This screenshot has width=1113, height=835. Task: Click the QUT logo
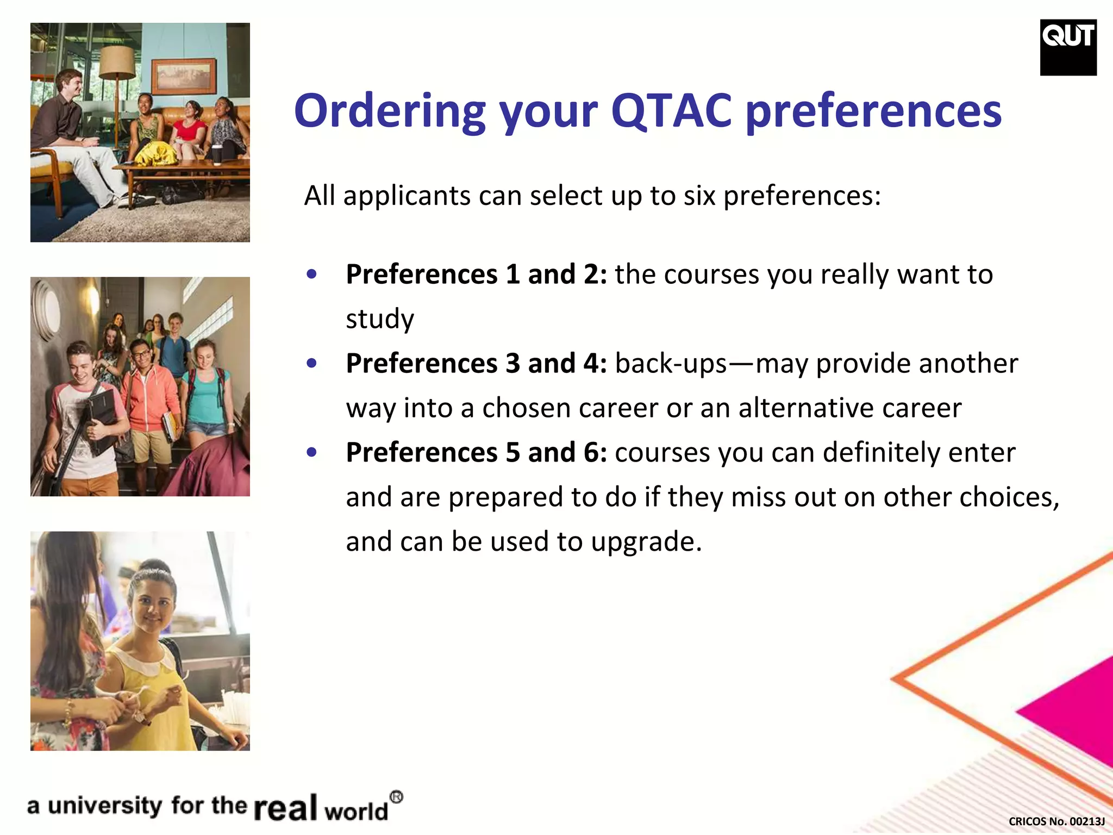click(x=1068, y=47)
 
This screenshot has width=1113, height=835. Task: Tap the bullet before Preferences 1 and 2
click(x=311, y=274)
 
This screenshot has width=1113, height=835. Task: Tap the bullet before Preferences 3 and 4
click(x=311, y=363)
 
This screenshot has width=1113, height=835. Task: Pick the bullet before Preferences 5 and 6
click(x=311, y=452)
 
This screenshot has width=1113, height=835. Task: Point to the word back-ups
click(x=671, y=364)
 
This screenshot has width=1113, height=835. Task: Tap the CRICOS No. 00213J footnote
click(x=1056, y=821)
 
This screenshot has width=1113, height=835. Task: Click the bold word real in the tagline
click(x=285, y=808)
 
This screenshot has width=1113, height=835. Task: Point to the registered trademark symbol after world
click(x=397, y=797)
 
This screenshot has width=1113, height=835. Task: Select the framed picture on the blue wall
click(x=183, y=76)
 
